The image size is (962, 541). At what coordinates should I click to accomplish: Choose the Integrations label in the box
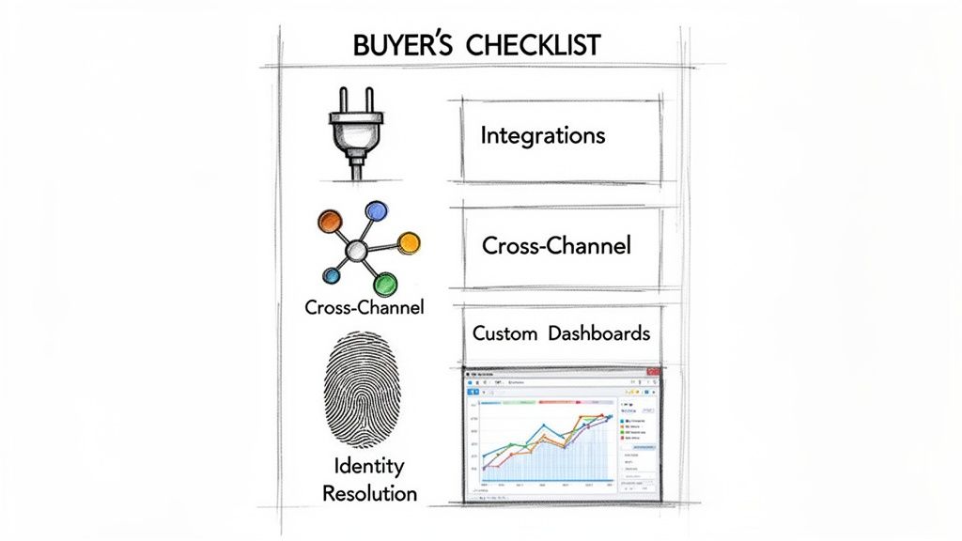(542, 135)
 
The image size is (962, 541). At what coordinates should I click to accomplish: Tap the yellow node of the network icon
(409, 243)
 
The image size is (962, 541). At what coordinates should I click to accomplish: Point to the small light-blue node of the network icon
(331, 275)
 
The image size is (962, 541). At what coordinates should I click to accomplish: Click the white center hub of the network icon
(356, 251)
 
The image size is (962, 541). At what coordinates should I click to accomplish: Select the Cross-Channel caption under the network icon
(365, 307)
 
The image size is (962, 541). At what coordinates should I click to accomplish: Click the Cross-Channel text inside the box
(556, 246)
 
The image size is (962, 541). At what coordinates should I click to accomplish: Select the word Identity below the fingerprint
(369, 466)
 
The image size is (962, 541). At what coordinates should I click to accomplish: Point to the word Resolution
(369, 491)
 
